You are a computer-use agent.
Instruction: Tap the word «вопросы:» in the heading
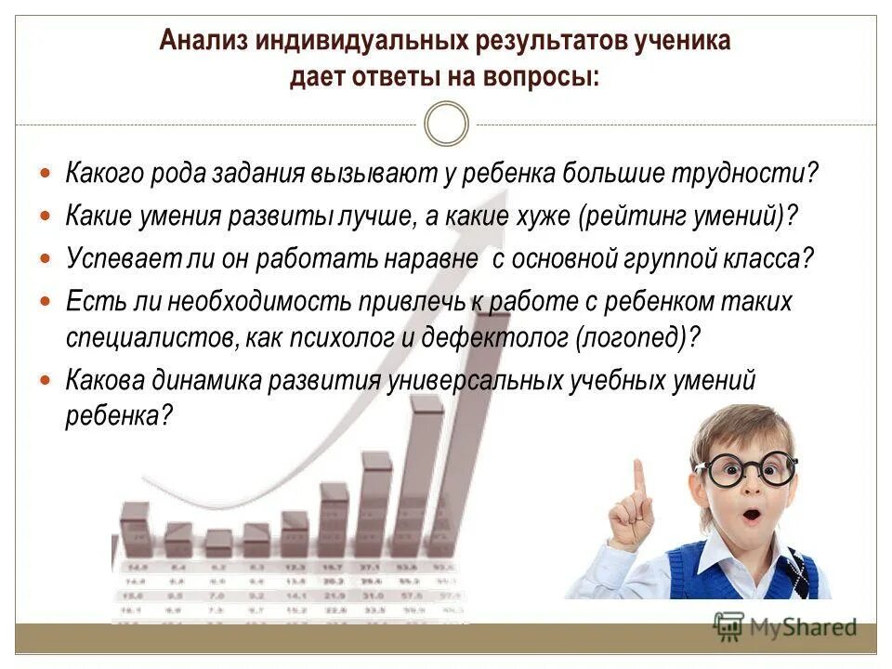pyautogui.click(x=540, y=78)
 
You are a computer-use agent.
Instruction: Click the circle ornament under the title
pyautogui.click(x=446, y=125)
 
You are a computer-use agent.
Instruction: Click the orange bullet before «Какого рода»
pyautogui.click(x=47, y=174)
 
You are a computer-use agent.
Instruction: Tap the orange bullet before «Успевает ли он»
pyautogui.click(x=47, y=257)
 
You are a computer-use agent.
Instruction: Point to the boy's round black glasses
pyautogui.click(x=747, y=469)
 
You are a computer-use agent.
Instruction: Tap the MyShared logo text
pyautogui.click(x=799, y=627)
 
